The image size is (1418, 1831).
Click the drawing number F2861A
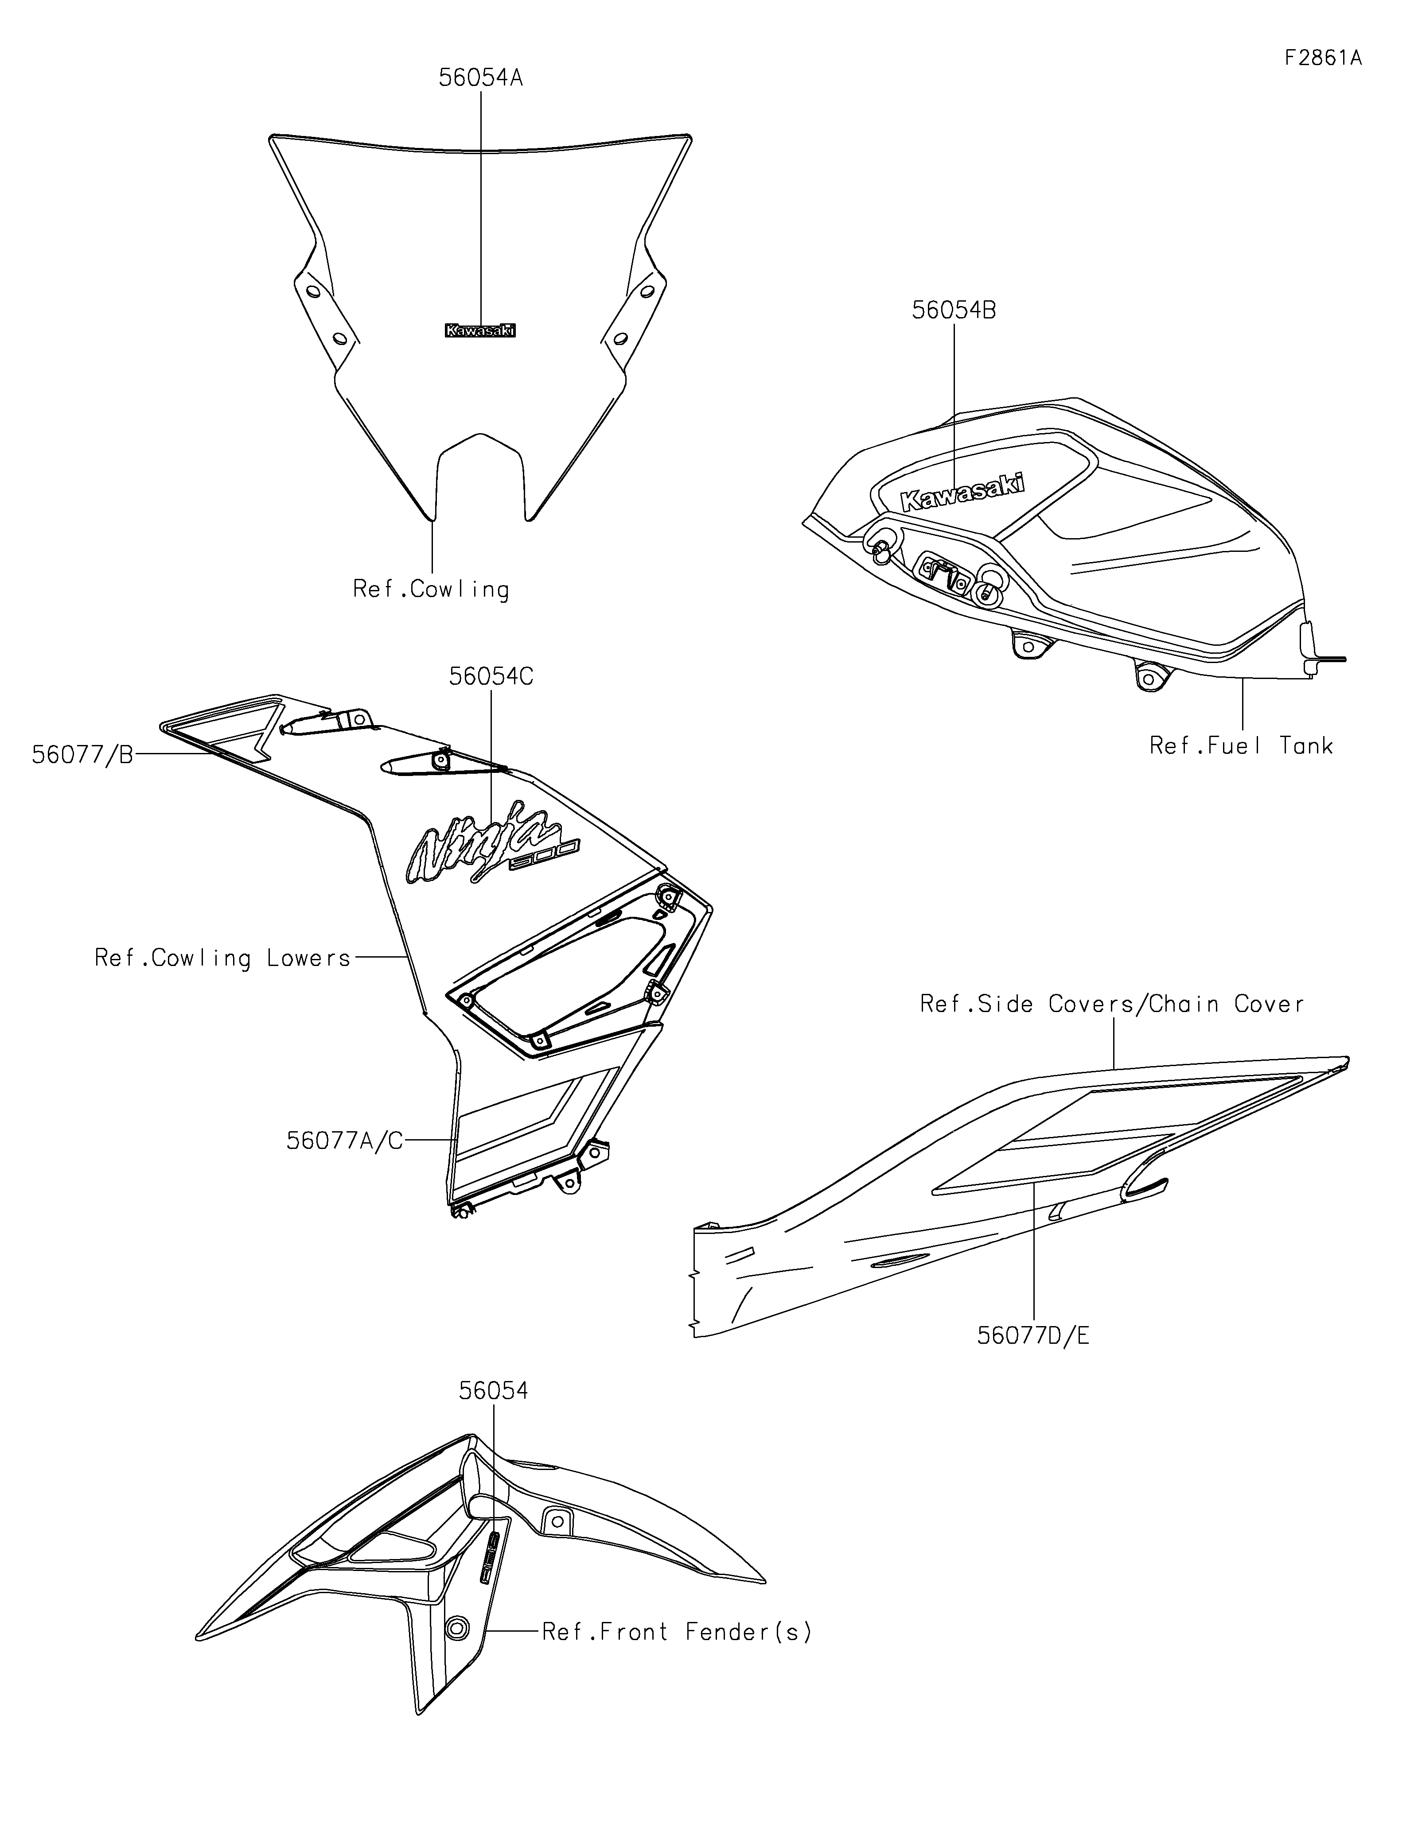[x=1322, y=58]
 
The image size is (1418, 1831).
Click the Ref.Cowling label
[x=431, y=590]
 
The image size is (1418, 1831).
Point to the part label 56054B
[x=954, y=310]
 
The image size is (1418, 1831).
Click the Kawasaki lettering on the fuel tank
[x=962, y=492]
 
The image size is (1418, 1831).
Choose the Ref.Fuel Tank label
[x=1241, y=745]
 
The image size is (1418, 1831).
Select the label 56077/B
[x=82, y=755]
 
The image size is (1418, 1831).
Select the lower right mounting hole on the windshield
[x=620, y=338]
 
